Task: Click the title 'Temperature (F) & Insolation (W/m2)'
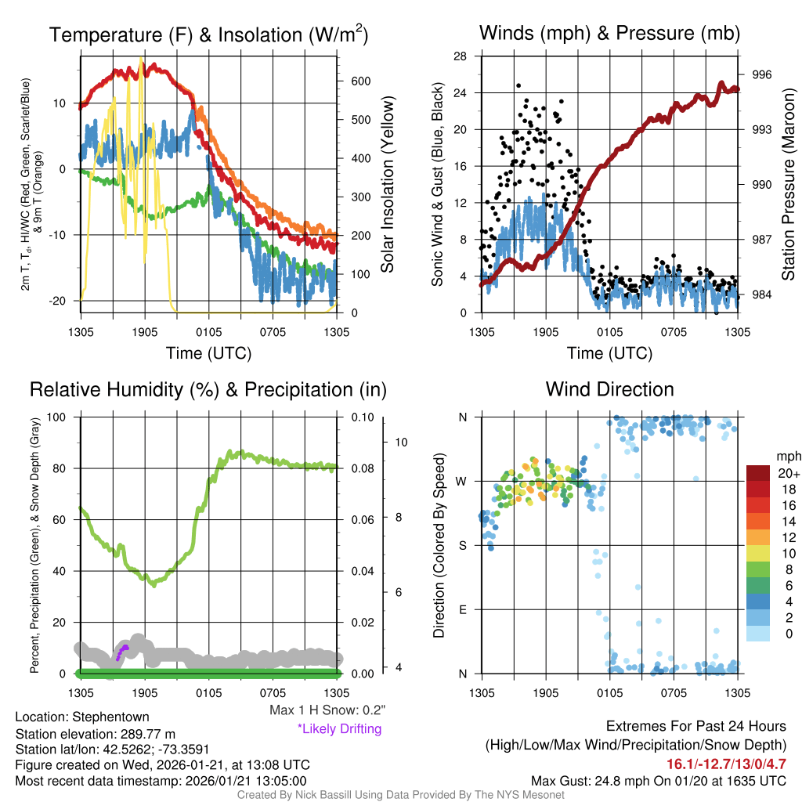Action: (208, 34)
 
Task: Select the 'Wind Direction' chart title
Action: (609, 389)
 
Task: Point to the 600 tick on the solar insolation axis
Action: (360, 81)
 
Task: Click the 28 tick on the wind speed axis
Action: (461, 56)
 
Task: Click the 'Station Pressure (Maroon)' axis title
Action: (789, 184)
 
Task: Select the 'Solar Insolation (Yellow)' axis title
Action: (387, 184)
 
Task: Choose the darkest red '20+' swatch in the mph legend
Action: (758, 474)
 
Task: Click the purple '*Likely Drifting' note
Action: (339, 728)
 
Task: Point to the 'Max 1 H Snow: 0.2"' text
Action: (327, 710)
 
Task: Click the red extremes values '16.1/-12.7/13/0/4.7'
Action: (726, 764)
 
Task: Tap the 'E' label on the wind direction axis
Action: (462, 609)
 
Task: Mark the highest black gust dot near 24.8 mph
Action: (518, 85)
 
